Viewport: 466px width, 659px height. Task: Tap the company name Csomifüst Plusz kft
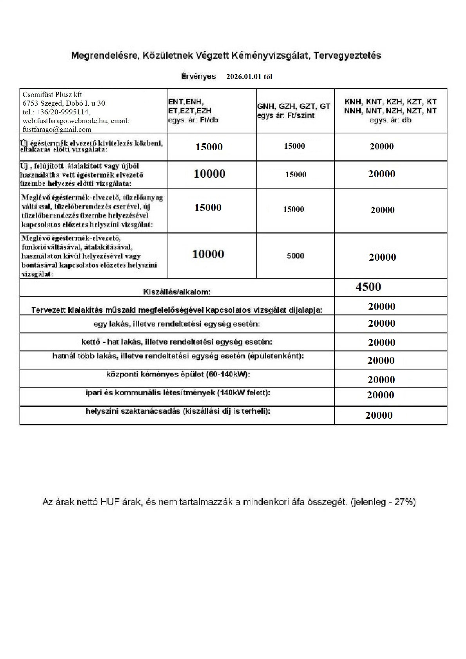point(52,94)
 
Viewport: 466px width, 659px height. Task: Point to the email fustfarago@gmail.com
point(57,130)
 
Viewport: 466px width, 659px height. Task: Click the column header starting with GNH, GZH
point(294,106)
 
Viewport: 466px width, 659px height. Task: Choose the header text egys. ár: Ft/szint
point(286,115)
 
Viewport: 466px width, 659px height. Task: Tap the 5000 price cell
point(295,256)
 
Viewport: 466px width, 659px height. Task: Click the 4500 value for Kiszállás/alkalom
point(368,287)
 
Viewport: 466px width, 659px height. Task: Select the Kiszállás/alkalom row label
point(177,292)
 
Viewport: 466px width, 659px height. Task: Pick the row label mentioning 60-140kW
point(178,375)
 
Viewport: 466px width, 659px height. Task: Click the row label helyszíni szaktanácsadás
point(178,411)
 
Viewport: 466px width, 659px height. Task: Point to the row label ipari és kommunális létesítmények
point(178,393)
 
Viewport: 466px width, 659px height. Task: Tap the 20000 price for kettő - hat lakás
point(382,342)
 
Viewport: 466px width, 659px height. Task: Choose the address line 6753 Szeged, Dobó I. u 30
point(64,103)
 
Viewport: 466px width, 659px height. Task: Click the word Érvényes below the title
point(199,76)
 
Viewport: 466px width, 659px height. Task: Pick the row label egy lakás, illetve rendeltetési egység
point(177,324)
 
